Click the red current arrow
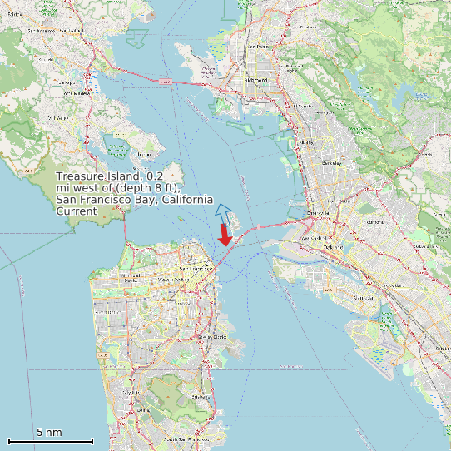225,235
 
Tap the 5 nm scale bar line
50,440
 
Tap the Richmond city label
257,80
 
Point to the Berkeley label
331,162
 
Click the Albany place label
306,142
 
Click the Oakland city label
334,247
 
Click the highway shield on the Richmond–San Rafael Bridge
166,81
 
